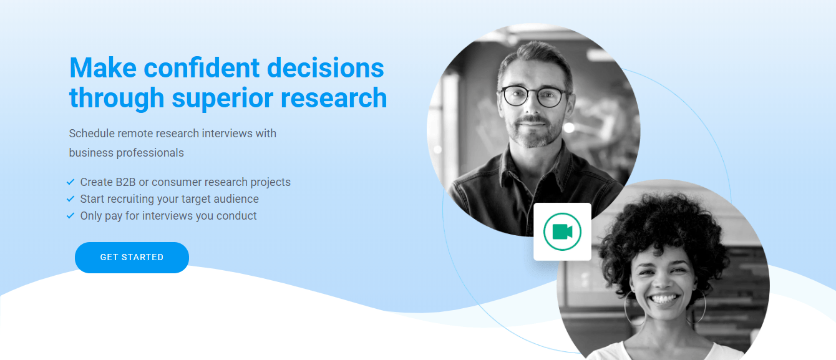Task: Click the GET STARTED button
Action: (x=132, y=258)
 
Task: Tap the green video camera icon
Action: (x=563, y=231)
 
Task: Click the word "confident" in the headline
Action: (x=202, y=68)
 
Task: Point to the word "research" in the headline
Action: (x=334, y=98)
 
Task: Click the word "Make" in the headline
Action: (x=103, y=68)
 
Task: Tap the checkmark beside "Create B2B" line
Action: (x=70, y=182)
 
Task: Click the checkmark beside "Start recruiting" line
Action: (x=70, y=199)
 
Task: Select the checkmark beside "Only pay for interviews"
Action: (x=70, y=216)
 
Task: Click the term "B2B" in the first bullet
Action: (x=125, y=182)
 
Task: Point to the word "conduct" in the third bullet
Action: (x=236, y=216)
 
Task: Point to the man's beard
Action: (x=535, y=132)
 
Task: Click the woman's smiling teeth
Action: (x=663, y=299)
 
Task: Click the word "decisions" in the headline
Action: (x=326, y=68)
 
